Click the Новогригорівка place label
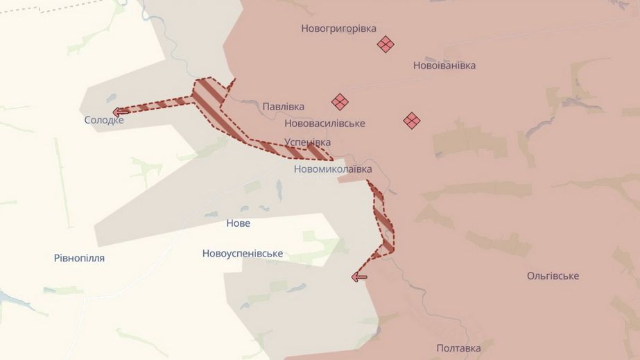tap(338, 28)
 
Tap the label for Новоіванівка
tap(444, 65)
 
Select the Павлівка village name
tap(283, 107)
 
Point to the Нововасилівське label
tap(325, 123)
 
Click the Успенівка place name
tap(307, 142)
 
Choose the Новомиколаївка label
tap(333, 169)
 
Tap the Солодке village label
tap(104, 120)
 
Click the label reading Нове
tap(238, 223)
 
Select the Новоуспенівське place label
tap(243, 253)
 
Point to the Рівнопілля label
tap(79, 258)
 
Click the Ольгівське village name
tap(553, 276)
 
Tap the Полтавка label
tap(458, 348)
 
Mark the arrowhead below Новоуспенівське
tap(358, 277)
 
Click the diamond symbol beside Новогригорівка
tap(386, 44)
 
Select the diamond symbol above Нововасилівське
tap(340, 102)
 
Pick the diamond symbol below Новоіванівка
tap(412, 121)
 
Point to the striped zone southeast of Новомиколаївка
tap(383, 222)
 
